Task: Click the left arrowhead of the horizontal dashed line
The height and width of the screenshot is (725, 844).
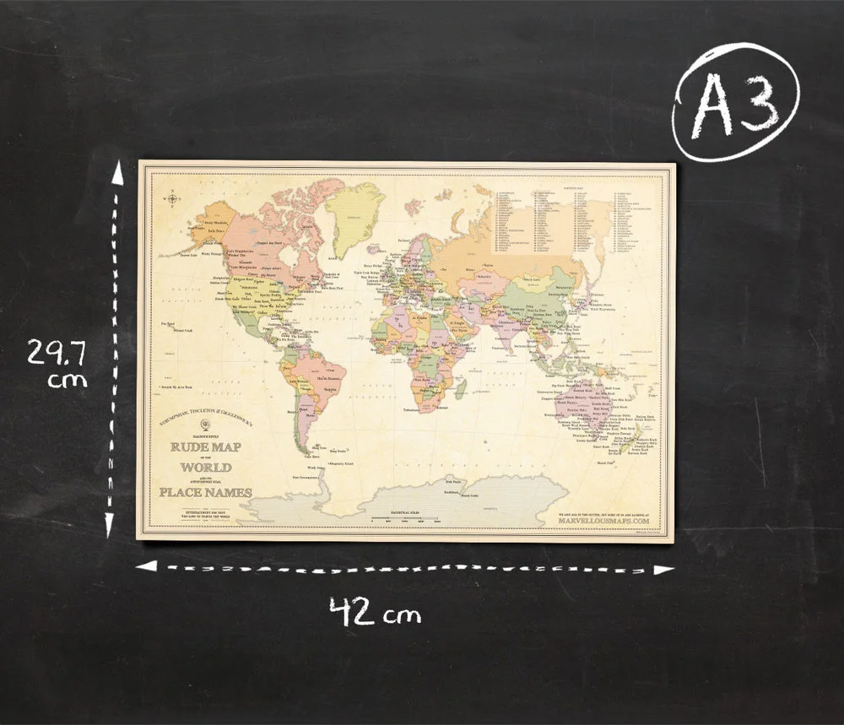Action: click(x=145, y=565)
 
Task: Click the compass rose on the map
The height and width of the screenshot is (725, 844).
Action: click(x=173, y=199)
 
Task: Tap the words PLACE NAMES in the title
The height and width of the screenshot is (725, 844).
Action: click(x=205, y=492)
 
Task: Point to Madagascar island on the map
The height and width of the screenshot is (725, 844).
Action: click(x=461, y=387)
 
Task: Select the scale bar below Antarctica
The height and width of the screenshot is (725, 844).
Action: click(x=405, y=516)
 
